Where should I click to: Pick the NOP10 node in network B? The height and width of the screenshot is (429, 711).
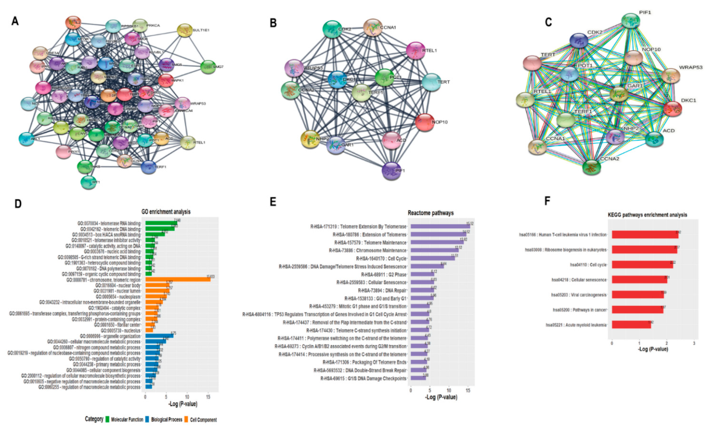coord(425,122)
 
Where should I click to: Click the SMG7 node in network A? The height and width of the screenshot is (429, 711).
coord(208,67)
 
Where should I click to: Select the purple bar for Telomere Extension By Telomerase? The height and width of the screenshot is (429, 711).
coord(440,226)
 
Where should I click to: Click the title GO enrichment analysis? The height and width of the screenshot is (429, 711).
coord(166,212)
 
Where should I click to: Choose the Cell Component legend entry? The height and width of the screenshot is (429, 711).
coord(203,420)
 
